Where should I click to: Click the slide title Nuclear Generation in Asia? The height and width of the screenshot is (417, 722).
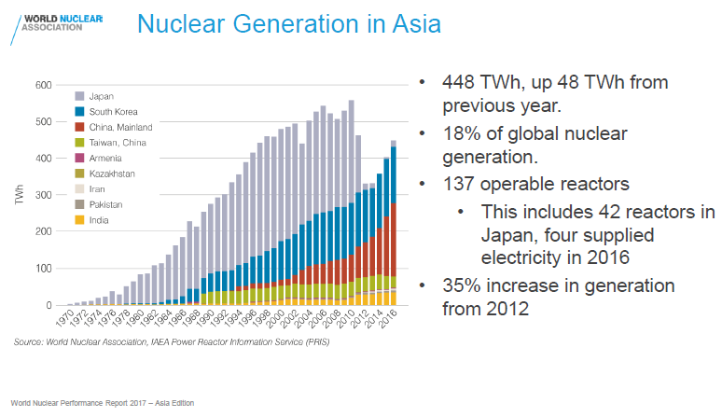(287, 24)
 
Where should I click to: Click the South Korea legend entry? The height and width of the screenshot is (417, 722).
(113, 111)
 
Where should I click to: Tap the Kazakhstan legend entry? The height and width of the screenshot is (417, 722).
(112, 174)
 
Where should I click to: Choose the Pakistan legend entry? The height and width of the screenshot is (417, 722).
(108, 204)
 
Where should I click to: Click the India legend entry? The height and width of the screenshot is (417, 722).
(100, 220)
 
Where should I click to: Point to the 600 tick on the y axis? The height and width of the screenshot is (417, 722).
(43, 85)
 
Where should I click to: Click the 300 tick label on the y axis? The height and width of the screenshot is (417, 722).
(43, 195)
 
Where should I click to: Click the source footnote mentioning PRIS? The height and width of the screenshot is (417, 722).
(172, 342)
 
